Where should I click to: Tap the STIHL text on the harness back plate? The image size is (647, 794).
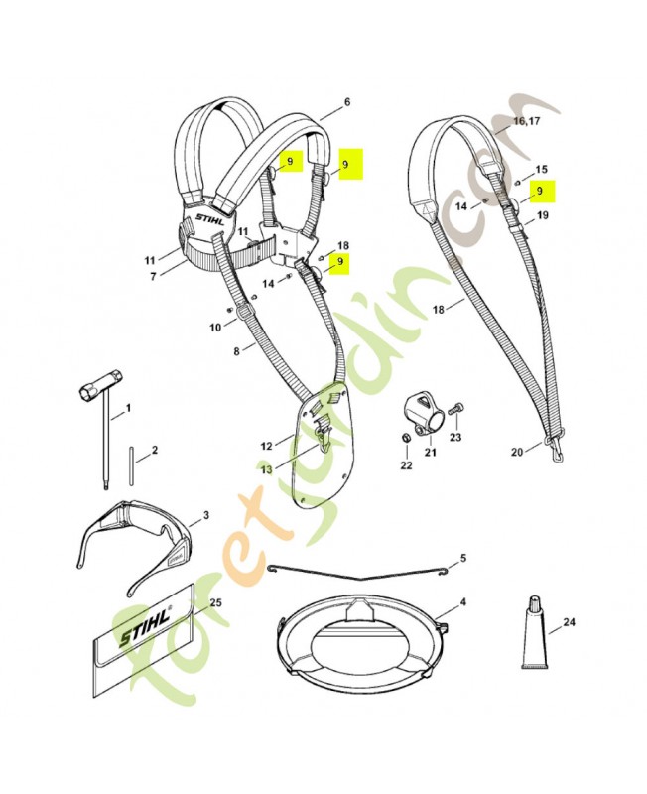209,219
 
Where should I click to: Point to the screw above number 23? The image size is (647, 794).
454,407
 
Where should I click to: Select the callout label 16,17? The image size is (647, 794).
526,121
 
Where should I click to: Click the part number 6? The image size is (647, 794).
347,102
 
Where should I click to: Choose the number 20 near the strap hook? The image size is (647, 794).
516,452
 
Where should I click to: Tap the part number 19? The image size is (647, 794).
542,215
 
